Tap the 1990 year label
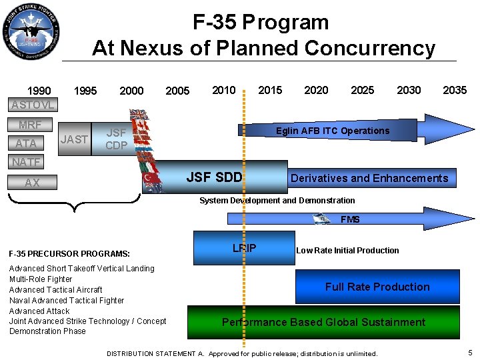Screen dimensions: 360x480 39,91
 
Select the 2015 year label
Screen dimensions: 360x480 270,90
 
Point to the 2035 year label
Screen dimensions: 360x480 455,90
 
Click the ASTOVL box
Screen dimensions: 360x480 33,105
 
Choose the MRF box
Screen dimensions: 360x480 30,125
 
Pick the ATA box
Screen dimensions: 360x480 27,142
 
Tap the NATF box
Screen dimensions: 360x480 26,161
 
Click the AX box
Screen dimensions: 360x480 33,182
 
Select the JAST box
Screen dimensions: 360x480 74,139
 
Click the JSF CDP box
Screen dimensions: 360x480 117,139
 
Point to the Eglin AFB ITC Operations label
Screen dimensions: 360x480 333,131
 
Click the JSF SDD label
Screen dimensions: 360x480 214,177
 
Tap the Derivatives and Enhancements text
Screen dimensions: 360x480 369,178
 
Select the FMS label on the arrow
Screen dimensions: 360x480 350,219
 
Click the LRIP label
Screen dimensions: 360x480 244,248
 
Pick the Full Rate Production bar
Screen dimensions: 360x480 377,287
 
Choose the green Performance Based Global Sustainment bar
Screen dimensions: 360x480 323,322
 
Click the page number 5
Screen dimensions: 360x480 470,352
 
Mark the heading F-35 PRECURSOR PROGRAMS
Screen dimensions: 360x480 69,253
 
